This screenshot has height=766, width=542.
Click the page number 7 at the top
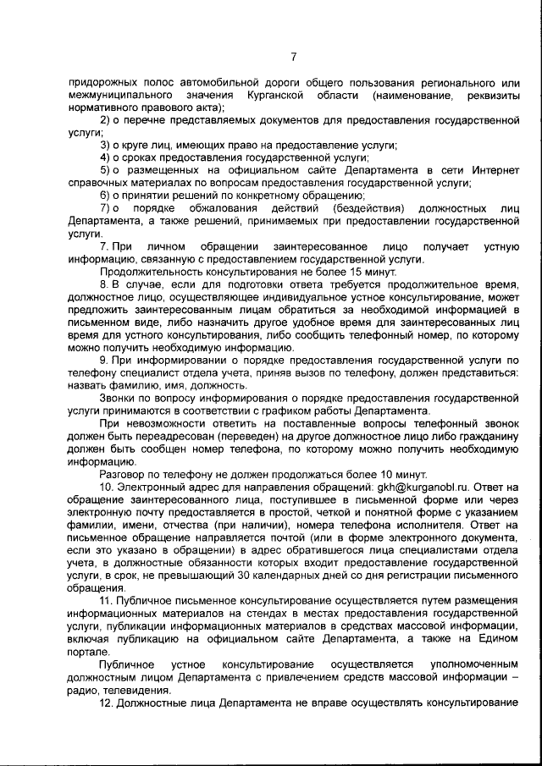(x=293, y=57)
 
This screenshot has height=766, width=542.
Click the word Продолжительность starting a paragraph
(x=151, y=273)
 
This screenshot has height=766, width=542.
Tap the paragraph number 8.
(x=105, y=285)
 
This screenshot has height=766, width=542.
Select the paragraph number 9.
(x=105, y=360)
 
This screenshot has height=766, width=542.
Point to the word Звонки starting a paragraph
(x=118, y=397)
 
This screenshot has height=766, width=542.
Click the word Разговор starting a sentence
(x=124, y=474)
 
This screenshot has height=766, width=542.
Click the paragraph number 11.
(x=108, y=600)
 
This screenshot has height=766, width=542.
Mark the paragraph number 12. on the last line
(x=108, y=703)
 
